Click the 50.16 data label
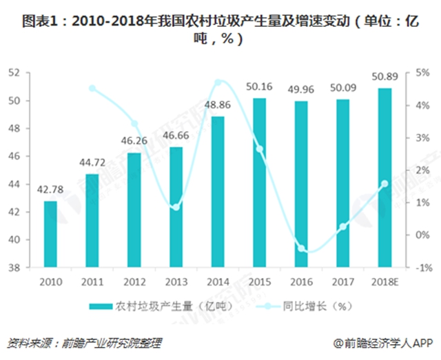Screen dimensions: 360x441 pyautogui.click(x=259, y=86)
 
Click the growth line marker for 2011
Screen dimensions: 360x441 pyautogui.click(x=93, y=88)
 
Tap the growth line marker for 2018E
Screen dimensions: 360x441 pyautogui.click(x=384, y=183)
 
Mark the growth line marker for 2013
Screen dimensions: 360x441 pyautogui.click(x=176, y=207)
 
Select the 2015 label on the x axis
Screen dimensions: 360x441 pyautogui.click(x=259, y=282)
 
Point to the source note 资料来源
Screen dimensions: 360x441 pyautogui.click(x=86, y=343)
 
